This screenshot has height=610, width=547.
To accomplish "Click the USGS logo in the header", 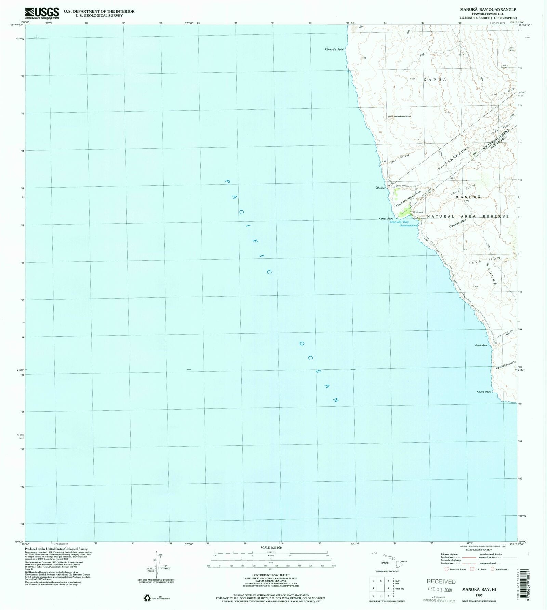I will [x=42, y=13].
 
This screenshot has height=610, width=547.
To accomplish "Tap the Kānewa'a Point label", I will [x=334, y=50].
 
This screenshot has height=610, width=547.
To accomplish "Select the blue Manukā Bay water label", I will [x=399, y=222].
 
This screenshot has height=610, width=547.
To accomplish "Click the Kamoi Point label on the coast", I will [x=386, y=219].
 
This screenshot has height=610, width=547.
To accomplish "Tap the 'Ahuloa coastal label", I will [x=380, y=188].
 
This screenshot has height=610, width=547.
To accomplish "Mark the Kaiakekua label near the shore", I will [x=481, y=345].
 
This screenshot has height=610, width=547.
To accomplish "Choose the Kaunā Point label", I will [x=483, y=392].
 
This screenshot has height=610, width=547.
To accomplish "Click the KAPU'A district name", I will [x=435, y=79].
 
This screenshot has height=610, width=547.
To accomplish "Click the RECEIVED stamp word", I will [x=441, y=581].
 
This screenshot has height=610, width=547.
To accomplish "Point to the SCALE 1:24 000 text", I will [x=271, y=547].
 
